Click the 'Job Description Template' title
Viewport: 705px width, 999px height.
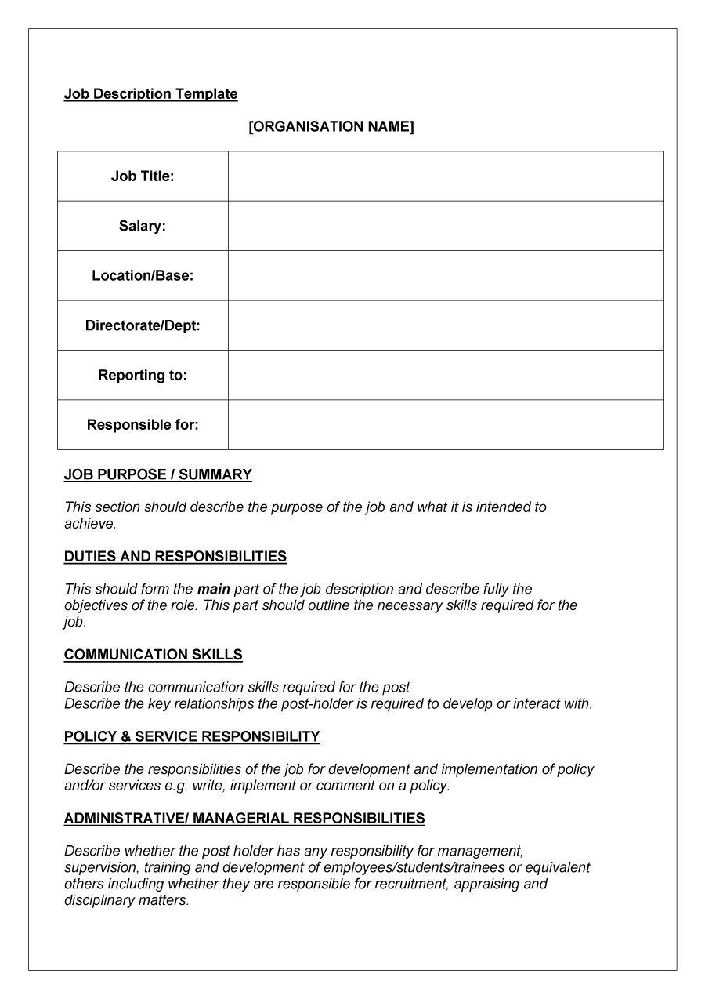150,94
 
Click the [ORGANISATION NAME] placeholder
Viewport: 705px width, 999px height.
331,126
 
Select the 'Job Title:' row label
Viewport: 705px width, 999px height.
143,176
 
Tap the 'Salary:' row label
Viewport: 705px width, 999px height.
143,226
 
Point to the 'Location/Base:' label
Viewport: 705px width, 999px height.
143,276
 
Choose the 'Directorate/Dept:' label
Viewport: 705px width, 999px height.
143,325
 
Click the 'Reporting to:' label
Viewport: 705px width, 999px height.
143,375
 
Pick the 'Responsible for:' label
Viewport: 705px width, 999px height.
143,425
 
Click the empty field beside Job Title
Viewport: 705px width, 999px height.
446,176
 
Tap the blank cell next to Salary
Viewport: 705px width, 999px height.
446,226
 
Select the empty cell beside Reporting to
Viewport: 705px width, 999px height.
446,375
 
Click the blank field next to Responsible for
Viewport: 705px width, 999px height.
446,425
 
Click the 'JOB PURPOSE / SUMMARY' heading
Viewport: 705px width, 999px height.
158,474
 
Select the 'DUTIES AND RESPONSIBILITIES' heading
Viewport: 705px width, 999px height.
175,557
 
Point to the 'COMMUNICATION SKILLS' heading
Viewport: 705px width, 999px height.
154,655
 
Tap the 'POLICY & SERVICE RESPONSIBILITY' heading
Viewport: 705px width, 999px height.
192,736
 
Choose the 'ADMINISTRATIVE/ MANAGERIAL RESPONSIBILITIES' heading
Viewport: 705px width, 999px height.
244,819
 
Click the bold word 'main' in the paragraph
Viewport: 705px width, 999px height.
213,589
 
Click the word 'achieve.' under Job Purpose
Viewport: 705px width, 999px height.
90,524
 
